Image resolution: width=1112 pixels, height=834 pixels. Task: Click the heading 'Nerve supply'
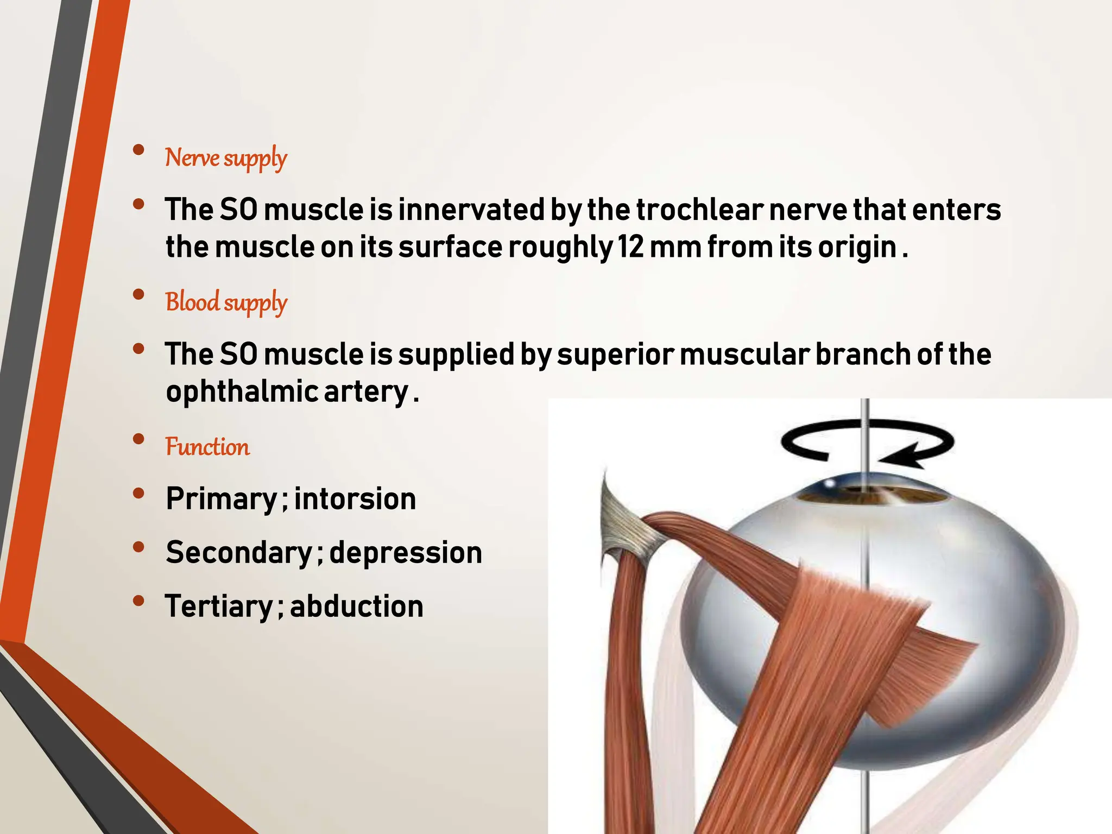click(226, 158)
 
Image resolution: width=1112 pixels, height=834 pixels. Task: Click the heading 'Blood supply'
click(226, 302)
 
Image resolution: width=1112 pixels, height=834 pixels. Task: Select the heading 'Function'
click(207, 447)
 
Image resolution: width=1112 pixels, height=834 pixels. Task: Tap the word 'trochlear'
click(700, 210)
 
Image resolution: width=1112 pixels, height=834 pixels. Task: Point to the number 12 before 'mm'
click(630, 247)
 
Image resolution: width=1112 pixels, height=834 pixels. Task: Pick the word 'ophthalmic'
click(242, 391)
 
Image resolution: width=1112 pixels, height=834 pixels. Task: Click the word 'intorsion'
click(355, 498)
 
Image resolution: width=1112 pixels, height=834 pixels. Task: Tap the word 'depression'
click(406, 552)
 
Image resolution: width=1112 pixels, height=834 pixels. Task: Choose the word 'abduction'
click(357, 606)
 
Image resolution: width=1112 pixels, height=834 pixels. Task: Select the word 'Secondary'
click(239, 552)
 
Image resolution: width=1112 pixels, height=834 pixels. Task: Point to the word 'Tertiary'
click(219, 606)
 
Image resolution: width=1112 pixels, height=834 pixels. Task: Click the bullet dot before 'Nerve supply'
click(138, 149)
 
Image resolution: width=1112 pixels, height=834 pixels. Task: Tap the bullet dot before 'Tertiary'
click(138, 600)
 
